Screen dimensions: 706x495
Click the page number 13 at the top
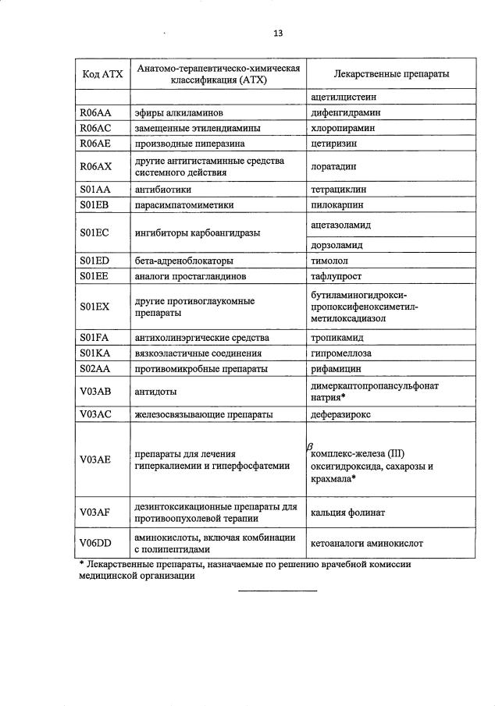(278, 33)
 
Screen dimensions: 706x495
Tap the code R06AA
(95, 112)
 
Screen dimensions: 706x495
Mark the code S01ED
(94, 260)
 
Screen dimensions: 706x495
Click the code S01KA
(94, 353)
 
